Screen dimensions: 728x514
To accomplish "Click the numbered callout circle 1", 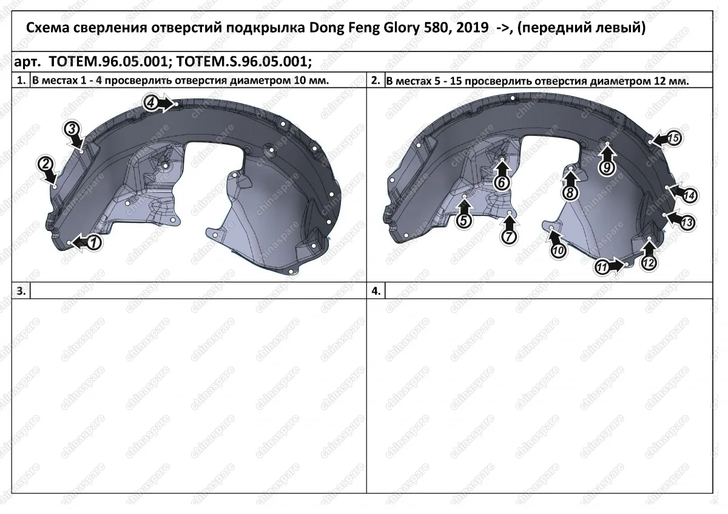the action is [x=94, y=242].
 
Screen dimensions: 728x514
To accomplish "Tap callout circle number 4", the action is [x=150, y=103].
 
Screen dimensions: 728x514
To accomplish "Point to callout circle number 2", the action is [x=45, y=164].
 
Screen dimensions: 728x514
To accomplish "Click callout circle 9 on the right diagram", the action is [x=607, y=168].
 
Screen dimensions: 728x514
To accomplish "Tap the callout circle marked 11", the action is [x=602, y=267].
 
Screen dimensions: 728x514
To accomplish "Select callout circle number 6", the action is [x=502, y=183].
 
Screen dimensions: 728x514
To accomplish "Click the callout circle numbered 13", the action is [x=687, y=222].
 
